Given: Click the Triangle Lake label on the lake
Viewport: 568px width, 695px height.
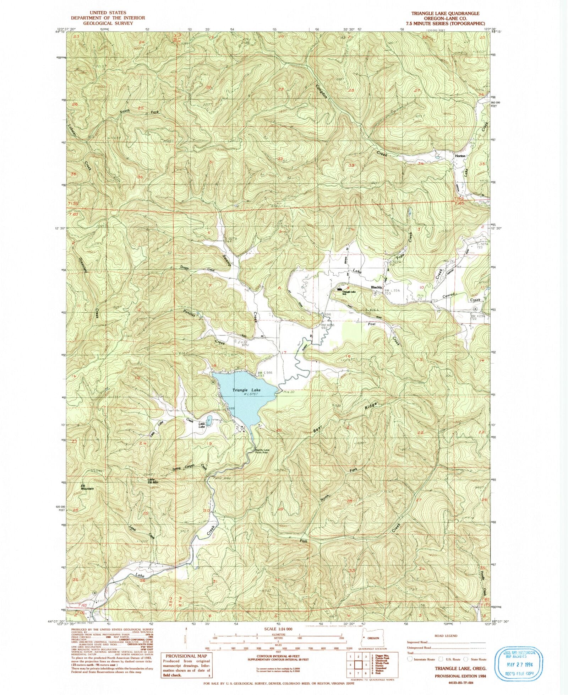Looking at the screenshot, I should pyautogui.click(x=246, y=390).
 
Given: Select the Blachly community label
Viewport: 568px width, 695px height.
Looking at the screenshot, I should pyautogui.click(x=376, y=287).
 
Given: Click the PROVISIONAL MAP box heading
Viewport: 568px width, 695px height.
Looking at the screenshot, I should pyautogui.click(x=180, y=647).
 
